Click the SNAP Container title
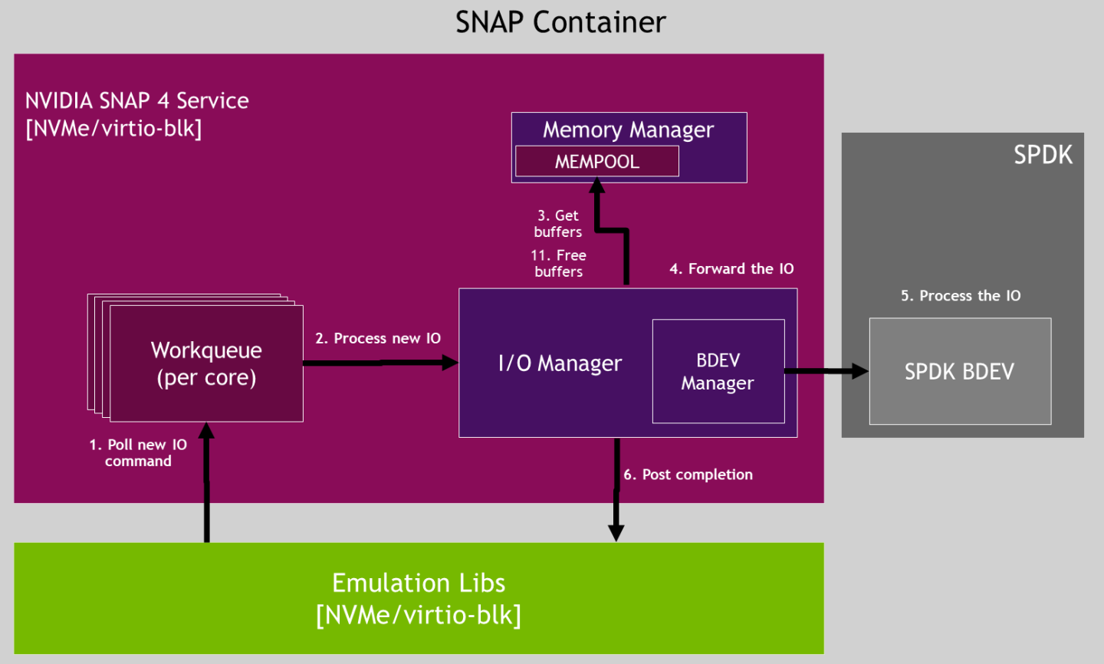coord(560,22)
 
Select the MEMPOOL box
coord(596,162)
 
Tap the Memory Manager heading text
coord(628,130)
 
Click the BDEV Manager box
coord(718,371)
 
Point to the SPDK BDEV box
coord(959,371)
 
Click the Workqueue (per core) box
coord(206,363)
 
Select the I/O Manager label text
coord(560,363)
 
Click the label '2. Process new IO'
coord(378,338)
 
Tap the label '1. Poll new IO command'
coord(138,452)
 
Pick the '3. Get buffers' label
coord(558,224)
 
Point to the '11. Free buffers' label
coord(558,263)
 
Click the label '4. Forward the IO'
coord(731,268)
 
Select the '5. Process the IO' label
coord(961,296)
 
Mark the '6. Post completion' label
coord(688,475)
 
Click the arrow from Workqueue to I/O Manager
coord(379,363)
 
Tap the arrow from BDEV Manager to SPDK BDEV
coord(825,371)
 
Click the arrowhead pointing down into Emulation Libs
coord(616,533)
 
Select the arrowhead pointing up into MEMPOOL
coord(597,185)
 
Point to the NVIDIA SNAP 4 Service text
coord(137,100)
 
